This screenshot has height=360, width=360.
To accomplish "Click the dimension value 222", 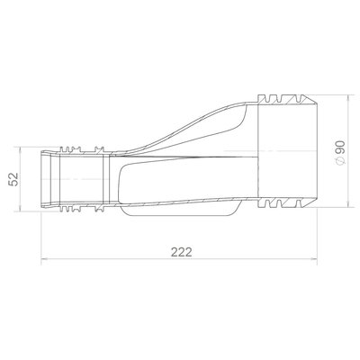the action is point(182,252).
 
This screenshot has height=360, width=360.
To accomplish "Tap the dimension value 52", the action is point(13,179).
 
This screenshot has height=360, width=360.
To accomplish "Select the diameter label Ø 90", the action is point(340,153).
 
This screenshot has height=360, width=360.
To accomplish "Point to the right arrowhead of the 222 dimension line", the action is point(314,258).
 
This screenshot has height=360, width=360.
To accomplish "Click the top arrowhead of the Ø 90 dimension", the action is point(348,98).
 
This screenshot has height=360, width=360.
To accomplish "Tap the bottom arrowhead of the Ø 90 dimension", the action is point(348,204).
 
